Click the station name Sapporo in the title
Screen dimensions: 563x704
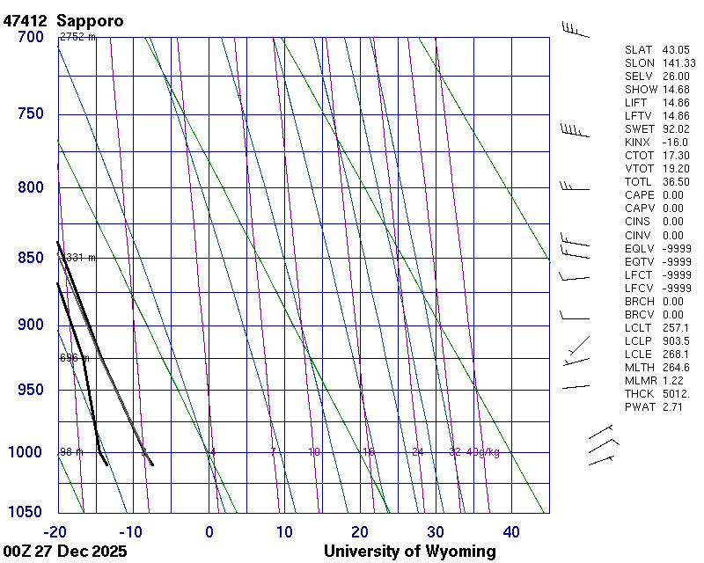point(90,19)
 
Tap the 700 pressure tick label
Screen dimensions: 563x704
point(30,37)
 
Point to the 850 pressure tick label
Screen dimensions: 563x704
point(30,258)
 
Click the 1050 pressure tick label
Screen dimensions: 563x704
point(26,512)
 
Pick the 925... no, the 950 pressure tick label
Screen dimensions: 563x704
point(30,390)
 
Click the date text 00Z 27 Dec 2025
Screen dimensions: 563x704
point(65,552)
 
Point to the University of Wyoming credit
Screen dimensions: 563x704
point(409,552)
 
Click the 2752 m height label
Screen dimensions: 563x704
point(77,37)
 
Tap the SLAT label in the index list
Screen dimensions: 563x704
point(640,50)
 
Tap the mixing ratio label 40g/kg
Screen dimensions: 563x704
point(484,452)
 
